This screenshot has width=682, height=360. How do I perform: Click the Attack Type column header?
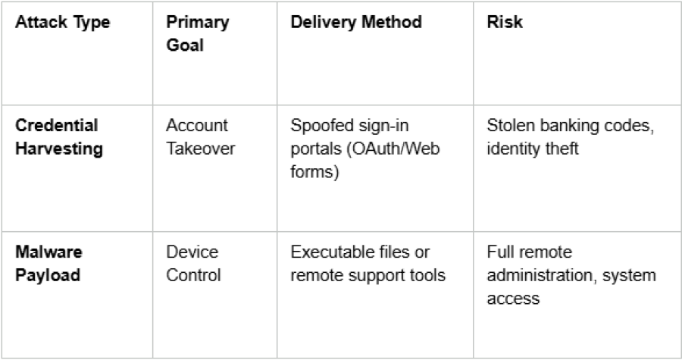[63, 22]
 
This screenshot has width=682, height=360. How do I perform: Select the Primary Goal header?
[198, 33]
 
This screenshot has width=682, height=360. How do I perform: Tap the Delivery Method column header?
[356, 22]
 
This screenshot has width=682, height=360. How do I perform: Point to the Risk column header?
[505, 22]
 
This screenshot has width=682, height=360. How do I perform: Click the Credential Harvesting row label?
[59, 137]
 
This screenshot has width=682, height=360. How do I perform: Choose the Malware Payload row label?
[48, 264]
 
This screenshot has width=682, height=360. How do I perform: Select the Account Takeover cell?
[201, 137]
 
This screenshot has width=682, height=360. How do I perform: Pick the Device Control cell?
[193, 264]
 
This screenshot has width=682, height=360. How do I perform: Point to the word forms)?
[314, 172]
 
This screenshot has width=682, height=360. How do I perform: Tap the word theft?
[562, 149]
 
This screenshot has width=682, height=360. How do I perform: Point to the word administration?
[542, 275]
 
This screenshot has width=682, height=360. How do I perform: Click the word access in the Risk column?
[513, 299]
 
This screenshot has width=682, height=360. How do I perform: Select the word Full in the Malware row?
[498, 252]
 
